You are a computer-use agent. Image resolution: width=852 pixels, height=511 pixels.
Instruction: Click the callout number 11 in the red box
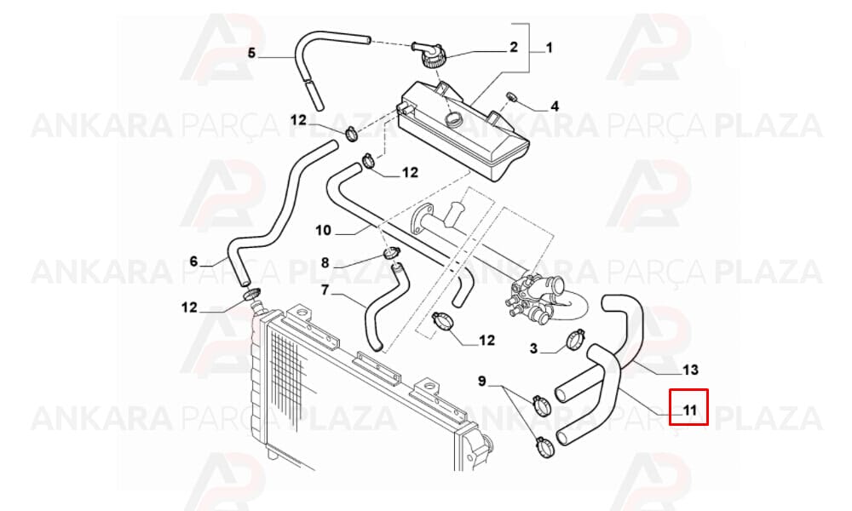689,410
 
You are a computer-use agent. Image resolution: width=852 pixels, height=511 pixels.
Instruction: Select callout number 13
690,370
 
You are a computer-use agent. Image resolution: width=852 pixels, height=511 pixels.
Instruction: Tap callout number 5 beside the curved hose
251,53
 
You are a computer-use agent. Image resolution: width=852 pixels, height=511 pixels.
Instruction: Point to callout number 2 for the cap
514,47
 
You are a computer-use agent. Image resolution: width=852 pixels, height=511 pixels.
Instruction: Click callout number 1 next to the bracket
549,48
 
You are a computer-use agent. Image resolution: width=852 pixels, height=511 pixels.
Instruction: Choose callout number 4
555,106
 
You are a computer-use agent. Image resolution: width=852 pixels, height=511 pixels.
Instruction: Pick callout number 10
323,230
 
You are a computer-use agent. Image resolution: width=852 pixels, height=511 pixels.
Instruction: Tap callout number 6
194,261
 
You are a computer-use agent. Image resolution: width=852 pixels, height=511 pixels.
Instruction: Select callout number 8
325,263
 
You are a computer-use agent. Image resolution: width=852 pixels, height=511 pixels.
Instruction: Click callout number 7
325,290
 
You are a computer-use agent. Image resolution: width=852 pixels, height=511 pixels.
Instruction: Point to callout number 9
482,382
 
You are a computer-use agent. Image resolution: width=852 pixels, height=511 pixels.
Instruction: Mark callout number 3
533,348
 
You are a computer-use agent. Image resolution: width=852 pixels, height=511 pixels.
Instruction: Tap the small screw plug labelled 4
511,96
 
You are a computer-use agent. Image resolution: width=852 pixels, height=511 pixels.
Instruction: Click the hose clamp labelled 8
391,252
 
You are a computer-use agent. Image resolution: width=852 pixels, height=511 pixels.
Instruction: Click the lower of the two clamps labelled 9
544,445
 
